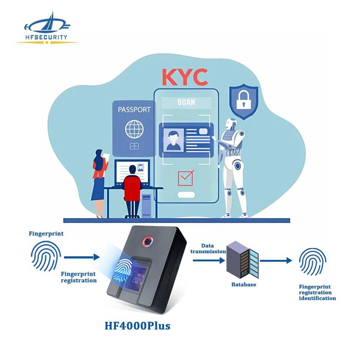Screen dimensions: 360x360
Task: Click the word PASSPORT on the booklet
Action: click(x=134, y=110)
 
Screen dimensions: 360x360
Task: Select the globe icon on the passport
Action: click(x=134, y=129)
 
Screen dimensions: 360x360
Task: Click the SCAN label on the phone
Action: click(x=186, y=102)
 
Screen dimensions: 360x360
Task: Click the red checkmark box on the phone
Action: click(x=185, y=178)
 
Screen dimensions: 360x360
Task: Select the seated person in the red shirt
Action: click(x=132, y=187)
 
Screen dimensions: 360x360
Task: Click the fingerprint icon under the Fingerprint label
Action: click(x=46, y=256)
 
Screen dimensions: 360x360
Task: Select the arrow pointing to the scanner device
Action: click(x=81, y=257)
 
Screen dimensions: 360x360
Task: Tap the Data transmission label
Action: click(x=208, y=249)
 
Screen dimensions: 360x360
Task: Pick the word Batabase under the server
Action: click(x=243, y=285)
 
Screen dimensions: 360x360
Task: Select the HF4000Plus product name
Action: click(x=137, y=325)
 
